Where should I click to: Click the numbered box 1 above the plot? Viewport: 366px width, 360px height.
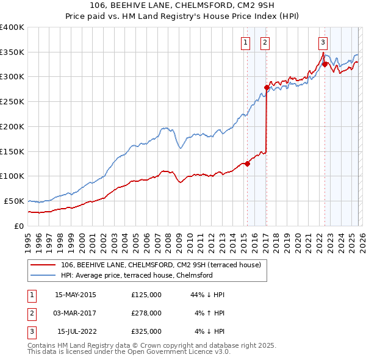coord(245,42)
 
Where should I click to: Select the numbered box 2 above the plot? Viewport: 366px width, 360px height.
coord(265,42)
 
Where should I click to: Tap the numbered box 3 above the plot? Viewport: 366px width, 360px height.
coord(323,42)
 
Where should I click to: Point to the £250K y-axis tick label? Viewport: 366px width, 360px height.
coord(12,101)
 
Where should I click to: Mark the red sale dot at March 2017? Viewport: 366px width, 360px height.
coord(267,87)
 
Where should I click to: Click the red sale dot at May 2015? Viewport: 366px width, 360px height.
coord(247,164)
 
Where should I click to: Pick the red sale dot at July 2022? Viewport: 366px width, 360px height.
coord(325,64)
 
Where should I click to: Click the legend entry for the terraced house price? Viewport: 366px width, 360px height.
coord(161,265)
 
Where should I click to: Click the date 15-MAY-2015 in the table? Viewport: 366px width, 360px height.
coord(75,295)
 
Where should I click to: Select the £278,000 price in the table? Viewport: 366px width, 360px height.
coord(146,313)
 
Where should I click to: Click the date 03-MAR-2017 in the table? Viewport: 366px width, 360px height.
coord(75,313)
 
